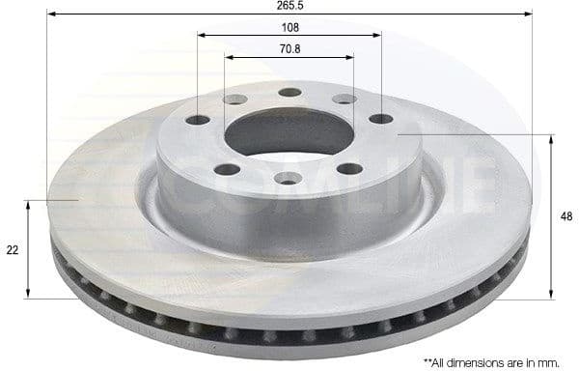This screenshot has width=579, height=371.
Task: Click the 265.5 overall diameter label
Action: [x=289, y=5]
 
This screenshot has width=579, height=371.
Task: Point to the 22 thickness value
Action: [x=12, y=249]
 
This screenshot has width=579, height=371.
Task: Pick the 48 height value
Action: [x=565, y=217]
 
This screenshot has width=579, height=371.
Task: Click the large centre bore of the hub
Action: [x=289, y=135]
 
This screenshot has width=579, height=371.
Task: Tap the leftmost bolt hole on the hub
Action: [x=198, y=121]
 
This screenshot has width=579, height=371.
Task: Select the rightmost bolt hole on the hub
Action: [x=380, y=119]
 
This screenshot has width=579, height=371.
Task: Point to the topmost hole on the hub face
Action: [x=289, y=93]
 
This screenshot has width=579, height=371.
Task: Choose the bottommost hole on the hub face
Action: [x=289, y=178]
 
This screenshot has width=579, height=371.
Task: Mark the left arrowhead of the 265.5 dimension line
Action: [x=51, y=14]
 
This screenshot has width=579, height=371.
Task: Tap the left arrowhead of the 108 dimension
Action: [x=202, y=35]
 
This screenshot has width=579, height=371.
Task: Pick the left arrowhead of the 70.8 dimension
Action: [x=230, y=55]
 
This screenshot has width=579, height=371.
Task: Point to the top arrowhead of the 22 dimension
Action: [x=29, y=204]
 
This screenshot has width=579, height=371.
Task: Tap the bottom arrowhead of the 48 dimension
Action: [x=551, y=294]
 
